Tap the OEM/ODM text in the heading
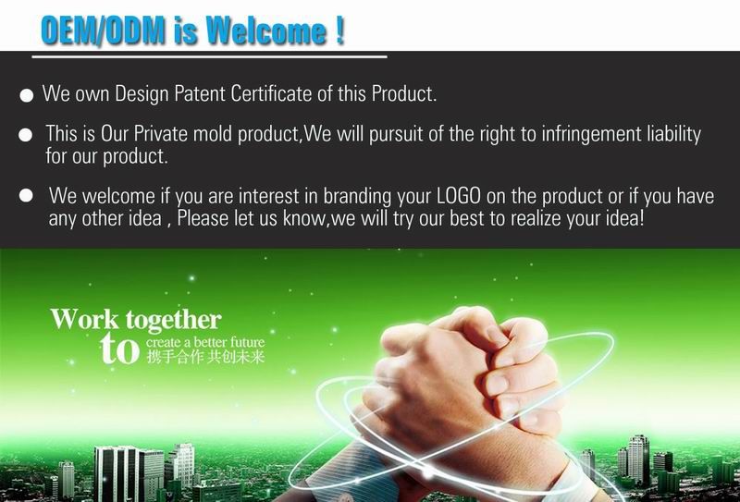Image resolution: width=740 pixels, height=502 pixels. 103,31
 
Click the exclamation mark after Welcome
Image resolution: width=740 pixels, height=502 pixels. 340,31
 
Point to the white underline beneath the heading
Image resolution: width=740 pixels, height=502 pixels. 210,57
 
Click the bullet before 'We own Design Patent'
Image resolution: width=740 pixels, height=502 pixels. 27,95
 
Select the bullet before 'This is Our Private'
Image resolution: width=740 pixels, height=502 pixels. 26,135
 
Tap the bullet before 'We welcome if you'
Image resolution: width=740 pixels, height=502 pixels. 26,195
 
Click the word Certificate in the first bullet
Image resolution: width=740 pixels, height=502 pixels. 272,93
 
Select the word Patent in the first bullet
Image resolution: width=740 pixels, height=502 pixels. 200,93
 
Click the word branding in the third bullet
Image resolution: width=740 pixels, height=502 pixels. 357,196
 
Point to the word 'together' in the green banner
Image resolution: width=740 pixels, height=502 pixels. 174,321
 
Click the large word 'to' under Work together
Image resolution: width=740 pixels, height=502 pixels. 120,349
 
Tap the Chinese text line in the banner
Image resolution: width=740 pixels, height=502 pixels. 205,356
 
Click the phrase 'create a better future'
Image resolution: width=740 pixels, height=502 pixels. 205,341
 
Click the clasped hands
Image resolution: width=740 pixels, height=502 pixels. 465,382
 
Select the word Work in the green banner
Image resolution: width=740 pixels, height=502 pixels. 85,319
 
